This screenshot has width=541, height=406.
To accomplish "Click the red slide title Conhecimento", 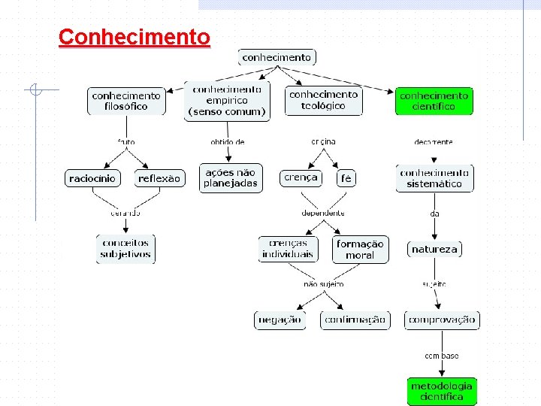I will pyautogui.click(x=134, y=37).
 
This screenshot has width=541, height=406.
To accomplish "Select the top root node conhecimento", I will pyautogui.click(x=277, y=57).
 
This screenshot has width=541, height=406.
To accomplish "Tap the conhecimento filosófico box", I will pyautogui.click(x=126, y=101).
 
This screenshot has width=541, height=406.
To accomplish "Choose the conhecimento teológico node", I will pyautogui.click(x=324, y=100).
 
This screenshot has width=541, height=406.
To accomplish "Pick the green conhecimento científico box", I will pyautogui.click(x=434, y=101).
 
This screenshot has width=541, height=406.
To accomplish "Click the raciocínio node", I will pyautogui.click(x=92, y=178).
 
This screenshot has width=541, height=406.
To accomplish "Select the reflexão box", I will pyautogui.click(x=159, y=178).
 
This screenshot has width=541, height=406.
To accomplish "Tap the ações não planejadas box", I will pyautogui.click(x=231, y=177).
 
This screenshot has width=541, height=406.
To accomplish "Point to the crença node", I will pyautogui.click(x=301, y=177).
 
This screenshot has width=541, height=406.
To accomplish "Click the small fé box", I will pyautogui.click(x=346, y=178).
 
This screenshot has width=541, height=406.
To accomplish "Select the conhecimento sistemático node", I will pyautogui.click(x=434, y=178).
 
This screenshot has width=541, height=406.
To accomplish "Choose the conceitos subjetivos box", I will pyautogui.click(x=125, y=248).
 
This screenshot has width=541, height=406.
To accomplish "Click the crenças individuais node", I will pyautogui.click(x=288, y=249).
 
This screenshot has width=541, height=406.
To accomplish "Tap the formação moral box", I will pyautogui.click(x=360, y=249).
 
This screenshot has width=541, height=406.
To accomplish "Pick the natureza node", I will pyautogui.click(x=434, y=249).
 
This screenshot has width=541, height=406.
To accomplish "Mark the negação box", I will pyautogui.click(x=280, y=320).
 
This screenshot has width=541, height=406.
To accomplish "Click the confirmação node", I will pyautogui.click(x=355, y=320).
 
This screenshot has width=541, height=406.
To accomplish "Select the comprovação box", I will pyautogui.click(x=442, y=320).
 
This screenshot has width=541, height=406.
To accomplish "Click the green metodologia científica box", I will pyautogui.click(x=442, y=391).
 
